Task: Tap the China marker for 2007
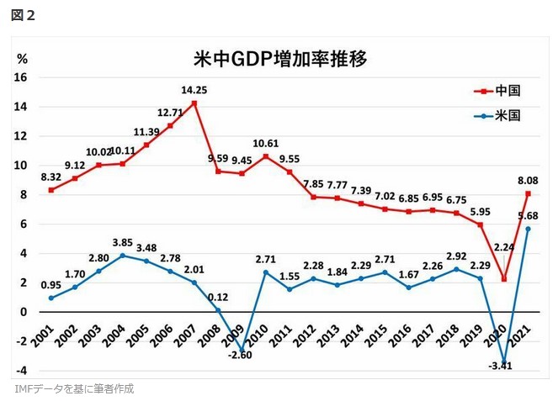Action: coord(194,103)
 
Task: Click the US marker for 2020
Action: coord(503,361)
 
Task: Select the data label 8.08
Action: coord(528,179)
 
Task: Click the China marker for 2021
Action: coord(528,193)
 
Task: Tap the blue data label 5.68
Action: coord(528,214)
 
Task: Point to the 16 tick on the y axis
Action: coord(21,77)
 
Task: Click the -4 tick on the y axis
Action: coord(21,370)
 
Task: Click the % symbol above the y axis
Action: coord(23,58)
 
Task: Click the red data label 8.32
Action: coord(51,177)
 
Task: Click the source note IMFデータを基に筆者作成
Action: coord(74,388)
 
